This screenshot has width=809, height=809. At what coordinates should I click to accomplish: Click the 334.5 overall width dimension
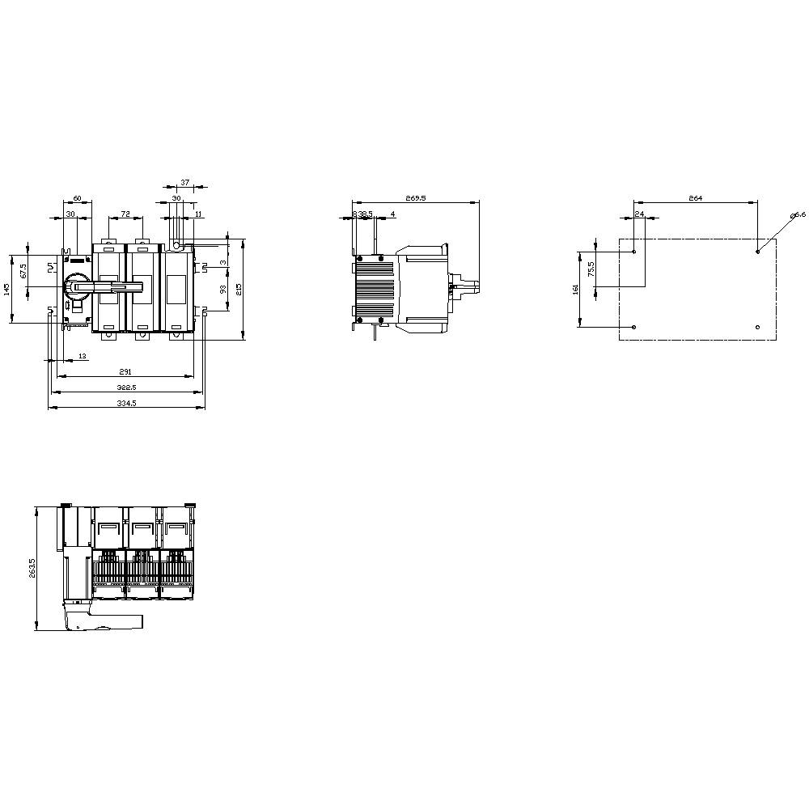coord(126,403)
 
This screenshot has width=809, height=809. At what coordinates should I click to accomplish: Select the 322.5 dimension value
coord(126,388)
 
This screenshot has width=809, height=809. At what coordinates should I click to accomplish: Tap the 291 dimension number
coord(125,372)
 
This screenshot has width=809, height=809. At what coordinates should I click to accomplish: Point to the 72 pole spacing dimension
coord(125,214)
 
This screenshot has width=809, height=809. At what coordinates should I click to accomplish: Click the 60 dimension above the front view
coord(78,198)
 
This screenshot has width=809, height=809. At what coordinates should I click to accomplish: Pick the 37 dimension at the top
coord(184,183)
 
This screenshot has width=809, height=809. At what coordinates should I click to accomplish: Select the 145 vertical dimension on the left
coord(6,290)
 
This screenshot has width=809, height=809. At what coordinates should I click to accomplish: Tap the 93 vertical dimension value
coord(223,289)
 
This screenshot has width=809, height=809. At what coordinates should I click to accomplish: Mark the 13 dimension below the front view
coord(83,357)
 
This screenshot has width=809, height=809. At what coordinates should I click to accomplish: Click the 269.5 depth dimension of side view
coord(415,198)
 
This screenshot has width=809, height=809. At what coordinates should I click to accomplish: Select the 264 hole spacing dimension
coord(695,198)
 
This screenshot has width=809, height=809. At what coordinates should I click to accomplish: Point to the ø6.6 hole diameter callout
coord(798,214)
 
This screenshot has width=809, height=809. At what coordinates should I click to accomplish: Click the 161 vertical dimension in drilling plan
coord(575,290)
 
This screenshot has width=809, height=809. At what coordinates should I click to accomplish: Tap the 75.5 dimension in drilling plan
coord(591,269)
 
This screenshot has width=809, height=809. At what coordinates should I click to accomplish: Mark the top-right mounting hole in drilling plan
coord(757,252)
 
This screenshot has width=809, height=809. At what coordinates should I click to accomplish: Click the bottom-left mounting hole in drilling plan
coord(633,327)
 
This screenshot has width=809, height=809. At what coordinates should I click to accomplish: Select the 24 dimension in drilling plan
coord(639,214)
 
